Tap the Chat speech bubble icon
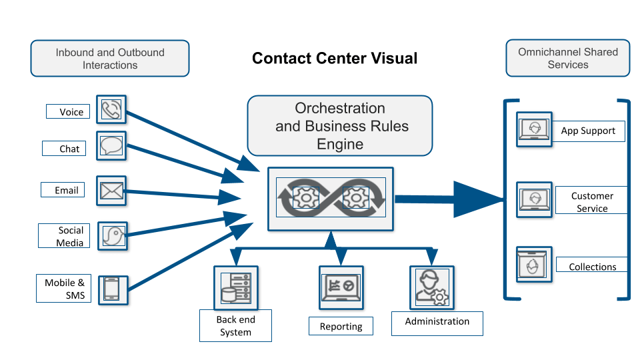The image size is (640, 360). (111, 145)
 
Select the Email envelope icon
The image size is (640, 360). (111, 191)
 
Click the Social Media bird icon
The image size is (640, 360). (113, 235)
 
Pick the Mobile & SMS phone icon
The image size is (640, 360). (111, 289)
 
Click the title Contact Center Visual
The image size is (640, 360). (335, 59)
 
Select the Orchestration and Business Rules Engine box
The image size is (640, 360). (340, 126)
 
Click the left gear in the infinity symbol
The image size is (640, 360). (305, 197)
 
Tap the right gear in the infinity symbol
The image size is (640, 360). (355, 197)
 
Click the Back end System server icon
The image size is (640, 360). (235, 287)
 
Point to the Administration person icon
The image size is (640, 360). (431, 287)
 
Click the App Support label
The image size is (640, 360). (588, 131)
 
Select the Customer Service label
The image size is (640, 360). (592, 202)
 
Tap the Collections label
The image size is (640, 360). (592, 267)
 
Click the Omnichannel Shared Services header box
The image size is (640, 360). (568, 59)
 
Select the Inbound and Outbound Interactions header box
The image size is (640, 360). (110, 59)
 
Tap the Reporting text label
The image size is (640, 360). (341, 327)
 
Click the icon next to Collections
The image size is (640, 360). (534, 265)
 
